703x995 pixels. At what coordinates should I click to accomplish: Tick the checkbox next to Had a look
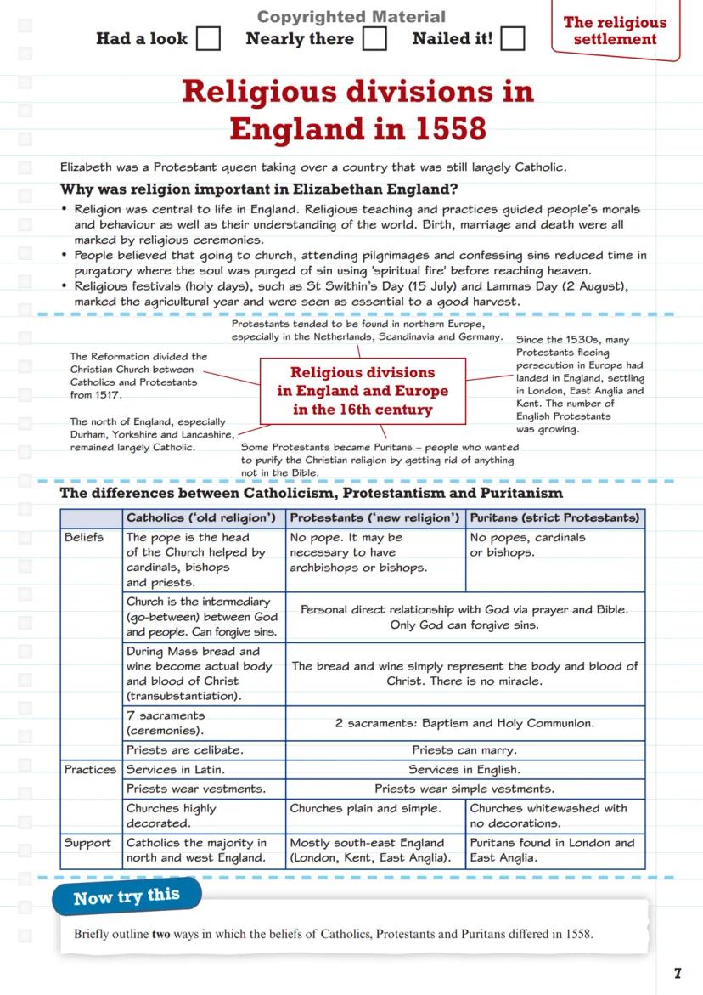208,38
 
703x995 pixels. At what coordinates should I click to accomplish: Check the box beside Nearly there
374,38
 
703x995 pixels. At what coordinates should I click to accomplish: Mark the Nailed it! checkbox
512,38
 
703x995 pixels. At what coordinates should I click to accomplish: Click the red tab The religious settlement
615,31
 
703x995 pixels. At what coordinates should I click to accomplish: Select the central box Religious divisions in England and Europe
363,392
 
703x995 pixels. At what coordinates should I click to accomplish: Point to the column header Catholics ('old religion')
200,517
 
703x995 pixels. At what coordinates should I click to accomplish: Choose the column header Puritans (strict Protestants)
554,517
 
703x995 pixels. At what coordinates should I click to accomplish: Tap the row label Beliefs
84,538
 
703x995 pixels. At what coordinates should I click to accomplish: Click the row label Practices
91,770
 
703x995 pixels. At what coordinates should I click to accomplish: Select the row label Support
87,843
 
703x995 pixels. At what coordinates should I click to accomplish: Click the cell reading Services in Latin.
176,770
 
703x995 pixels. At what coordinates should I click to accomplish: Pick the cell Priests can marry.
464,750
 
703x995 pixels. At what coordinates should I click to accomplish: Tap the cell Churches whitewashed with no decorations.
548,816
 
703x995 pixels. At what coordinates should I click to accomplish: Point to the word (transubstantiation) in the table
183,696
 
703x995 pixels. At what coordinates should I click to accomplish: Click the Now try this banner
127,897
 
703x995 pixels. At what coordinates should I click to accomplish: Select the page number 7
678,974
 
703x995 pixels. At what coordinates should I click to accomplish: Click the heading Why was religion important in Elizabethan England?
259,189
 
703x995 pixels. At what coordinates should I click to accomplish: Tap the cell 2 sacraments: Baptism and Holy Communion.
464,723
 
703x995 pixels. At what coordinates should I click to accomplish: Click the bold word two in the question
160,935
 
